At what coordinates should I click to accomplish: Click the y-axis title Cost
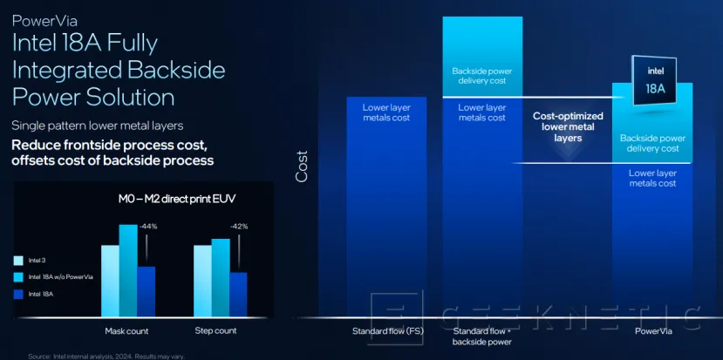tap(302, 166)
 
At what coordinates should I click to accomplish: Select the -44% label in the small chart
tap(149, 227)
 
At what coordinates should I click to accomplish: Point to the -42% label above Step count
tap(240, 227)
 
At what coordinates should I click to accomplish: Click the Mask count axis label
tap(126, 331)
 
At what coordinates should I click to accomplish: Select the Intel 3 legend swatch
tap(18, 260)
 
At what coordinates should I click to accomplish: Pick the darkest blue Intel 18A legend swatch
tap(18, 294)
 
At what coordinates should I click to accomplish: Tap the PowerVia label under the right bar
tap(652, 331)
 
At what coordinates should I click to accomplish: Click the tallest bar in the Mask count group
tap(128, 270)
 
